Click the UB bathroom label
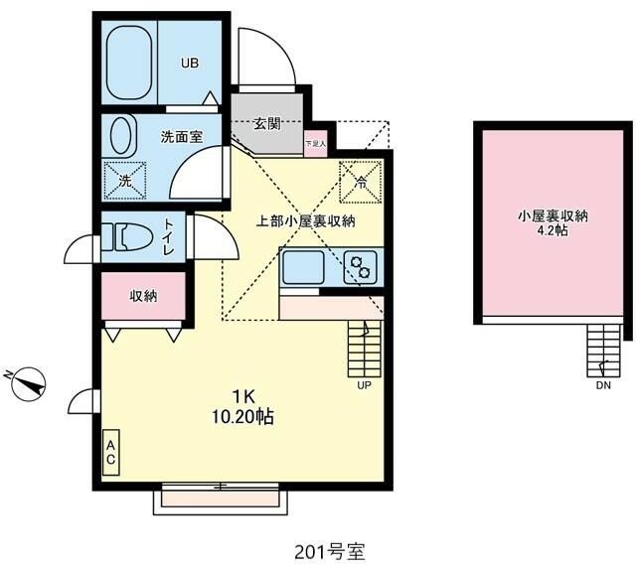189,64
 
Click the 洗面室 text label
182,137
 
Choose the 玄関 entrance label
265,124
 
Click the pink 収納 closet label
143,296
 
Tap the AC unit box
111,453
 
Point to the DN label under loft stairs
602,386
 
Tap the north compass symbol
29,382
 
